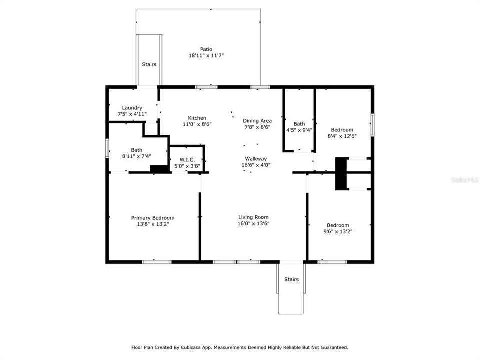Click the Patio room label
(206, 49)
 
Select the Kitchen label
(197, 118)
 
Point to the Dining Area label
(257, 121)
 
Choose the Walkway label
(255, 159)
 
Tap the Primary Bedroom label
(153, 218)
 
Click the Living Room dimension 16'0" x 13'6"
(253, 224)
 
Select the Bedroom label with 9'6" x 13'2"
(338, 225)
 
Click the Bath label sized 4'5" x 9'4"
(299, 124)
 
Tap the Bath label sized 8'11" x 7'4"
(136, 150)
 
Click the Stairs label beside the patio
(149, 64)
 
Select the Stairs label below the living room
(291, 279)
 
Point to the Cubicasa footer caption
(240, 347)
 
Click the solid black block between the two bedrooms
(341, 173)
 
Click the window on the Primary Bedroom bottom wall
(157, 261)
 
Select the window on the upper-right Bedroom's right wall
(372, 124)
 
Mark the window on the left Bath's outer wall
(107, 149)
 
